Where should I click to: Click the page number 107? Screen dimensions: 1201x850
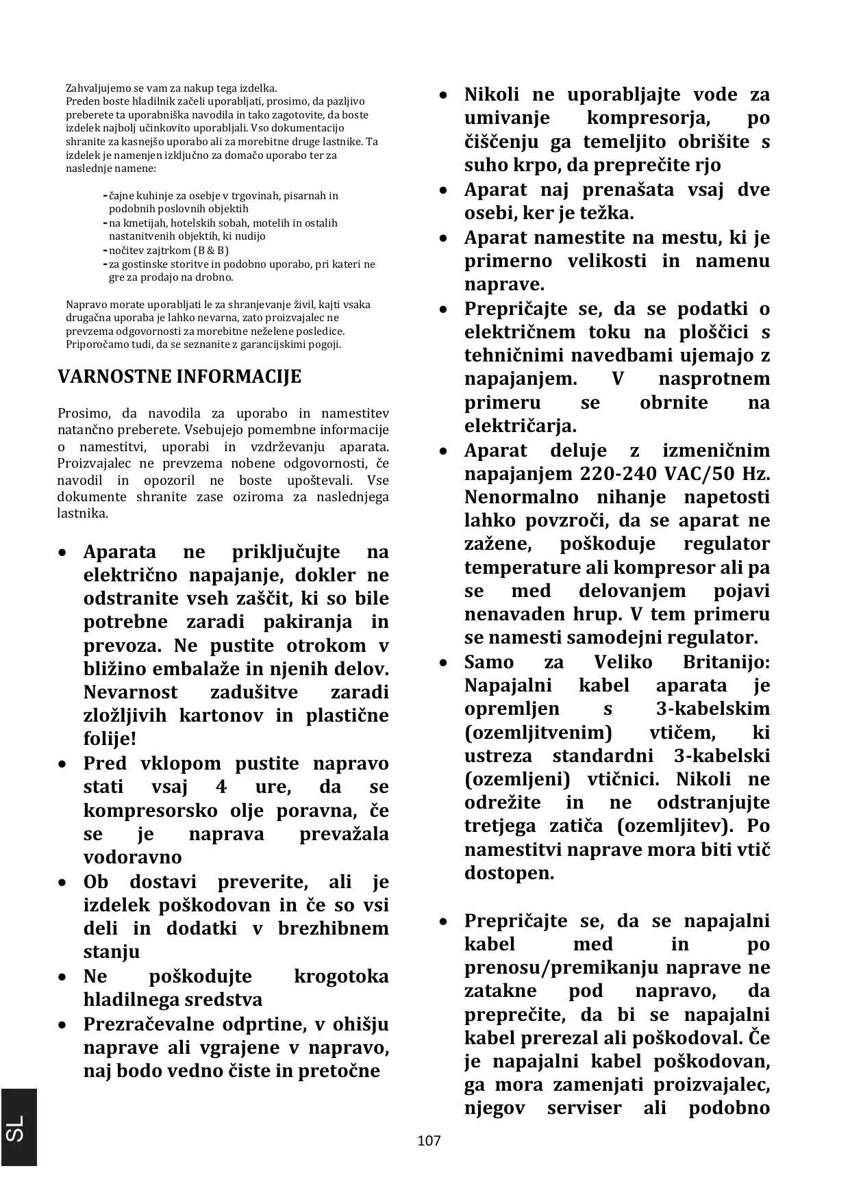pos(429,1141)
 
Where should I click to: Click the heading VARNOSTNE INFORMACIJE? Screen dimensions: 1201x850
pos(179,377)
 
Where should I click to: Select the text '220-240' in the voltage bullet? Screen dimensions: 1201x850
pos(616,474)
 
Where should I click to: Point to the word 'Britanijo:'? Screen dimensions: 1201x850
pos(726,662)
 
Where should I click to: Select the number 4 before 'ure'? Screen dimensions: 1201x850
pos(221,787)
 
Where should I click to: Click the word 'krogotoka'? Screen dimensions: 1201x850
pos(340,976)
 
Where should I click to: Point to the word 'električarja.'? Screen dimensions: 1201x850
pos(521,426)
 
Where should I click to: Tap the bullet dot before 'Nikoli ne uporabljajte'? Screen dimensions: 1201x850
pos(445,94)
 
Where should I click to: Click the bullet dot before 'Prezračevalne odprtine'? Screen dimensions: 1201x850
pos(63,1025)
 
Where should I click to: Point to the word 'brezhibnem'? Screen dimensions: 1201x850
pos(333,928)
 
